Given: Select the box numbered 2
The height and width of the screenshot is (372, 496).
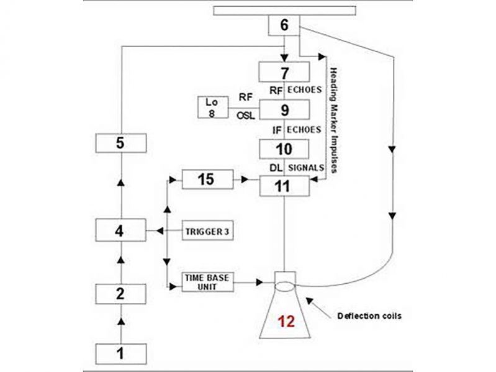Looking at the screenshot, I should pyautogui.click(x=121, y=294).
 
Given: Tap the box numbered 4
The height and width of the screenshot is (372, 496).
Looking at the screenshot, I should pyautogui.click(x=121, y=232).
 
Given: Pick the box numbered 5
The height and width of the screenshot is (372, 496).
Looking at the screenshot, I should pyautogui.click(x=121, y=142).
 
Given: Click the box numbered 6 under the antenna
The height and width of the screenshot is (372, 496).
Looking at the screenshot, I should pyautogui.click(x=284, y=25).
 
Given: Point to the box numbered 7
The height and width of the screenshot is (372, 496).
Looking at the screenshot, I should pyautogui.click(x=284, y=72).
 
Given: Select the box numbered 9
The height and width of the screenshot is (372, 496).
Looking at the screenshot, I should pyautogui.click(x=284, y=110).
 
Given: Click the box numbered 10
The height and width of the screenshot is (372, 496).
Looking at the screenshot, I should pyautogui.click(x=284, y=148).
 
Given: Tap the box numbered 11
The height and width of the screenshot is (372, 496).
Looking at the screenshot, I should pyautogui.click(x=284, y=184).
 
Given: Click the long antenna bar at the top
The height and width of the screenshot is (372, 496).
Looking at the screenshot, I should pyautogui.click(x=284, y=10).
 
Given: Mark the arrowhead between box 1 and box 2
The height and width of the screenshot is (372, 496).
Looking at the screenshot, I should pyautogui.click(x=121, y=322).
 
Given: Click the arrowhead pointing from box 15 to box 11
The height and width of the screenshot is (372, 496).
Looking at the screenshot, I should pyautogui.click(x=245, y=179).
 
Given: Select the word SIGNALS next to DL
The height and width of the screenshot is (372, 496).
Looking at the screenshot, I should pyautogui.click(x=305, y=168).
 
